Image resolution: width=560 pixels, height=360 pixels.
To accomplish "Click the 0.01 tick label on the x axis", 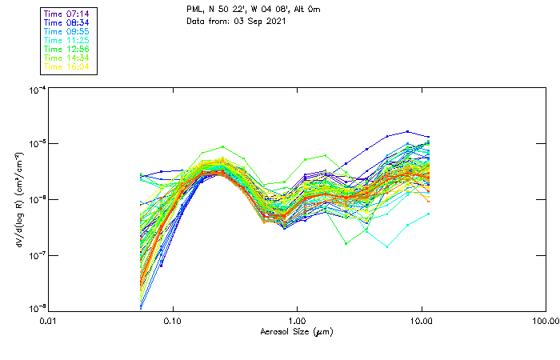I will click(49, 320).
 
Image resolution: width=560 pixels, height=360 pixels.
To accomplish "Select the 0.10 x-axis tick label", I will click(173, 320).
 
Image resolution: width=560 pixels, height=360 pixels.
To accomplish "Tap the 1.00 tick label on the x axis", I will click(298, 320).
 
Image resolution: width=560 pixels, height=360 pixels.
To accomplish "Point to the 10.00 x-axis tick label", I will click(422, 320).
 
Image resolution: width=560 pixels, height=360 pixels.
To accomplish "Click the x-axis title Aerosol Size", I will click(296, 331).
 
